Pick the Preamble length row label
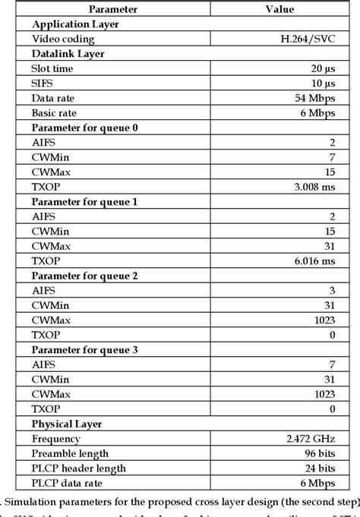click(69, 453)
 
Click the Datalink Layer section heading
click(68, 53)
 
